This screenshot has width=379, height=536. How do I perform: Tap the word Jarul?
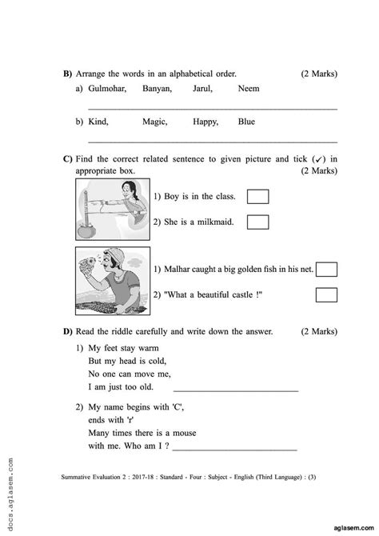pos(204,90)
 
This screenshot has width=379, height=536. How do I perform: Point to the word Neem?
pos(249,90)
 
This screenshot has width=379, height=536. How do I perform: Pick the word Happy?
pos(205,122)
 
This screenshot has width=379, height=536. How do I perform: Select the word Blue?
pos(246,122)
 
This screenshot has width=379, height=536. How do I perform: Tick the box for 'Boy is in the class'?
pos(257,197)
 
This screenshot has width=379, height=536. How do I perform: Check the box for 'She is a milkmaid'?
pos(257,222)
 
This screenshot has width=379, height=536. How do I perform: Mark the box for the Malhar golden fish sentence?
pos(327,270)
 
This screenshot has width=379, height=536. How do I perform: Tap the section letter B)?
pos(67,74)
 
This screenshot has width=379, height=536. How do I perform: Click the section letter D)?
pos(67,331)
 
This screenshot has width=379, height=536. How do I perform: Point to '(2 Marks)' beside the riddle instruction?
pos(319,331)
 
